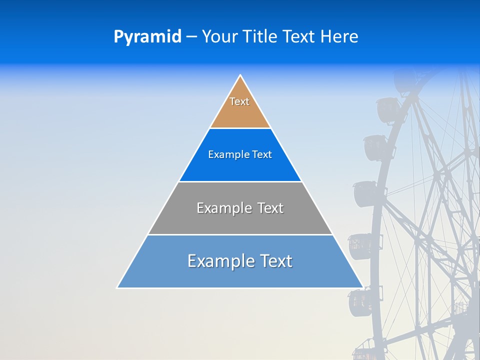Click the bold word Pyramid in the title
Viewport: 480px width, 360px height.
pos(147,37)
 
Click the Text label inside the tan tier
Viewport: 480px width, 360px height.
pos(239,101)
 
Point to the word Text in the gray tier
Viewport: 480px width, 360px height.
pos(270,208)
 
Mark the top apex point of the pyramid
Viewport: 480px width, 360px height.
pos(240,75)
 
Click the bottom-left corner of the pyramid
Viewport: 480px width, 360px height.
pos(117,288)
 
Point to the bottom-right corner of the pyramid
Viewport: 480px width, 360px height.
pos(363,288)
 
